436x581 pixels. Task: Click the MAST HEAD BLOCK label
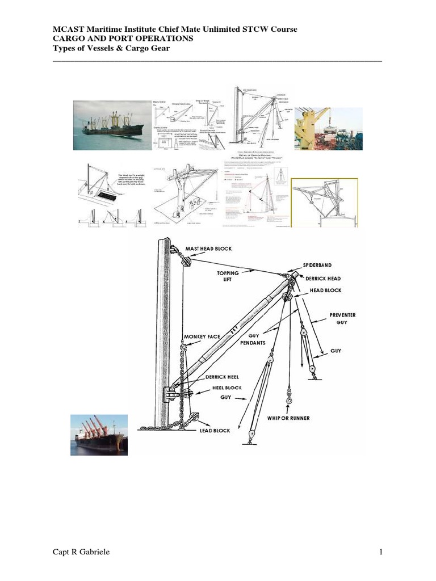[x=209, y=249]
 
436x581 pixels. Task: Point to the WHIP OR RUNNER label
[x=288, y=418]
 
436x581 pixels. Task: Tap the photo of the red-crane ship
[x=95, y=435]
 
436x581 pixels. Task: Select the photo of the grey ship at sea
[x=112, y=125]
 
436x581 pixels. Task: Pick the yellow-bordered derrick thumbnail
[x=324, y=203]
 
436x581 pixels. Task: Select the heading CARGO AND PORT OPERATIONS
[x=123, y=38]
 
